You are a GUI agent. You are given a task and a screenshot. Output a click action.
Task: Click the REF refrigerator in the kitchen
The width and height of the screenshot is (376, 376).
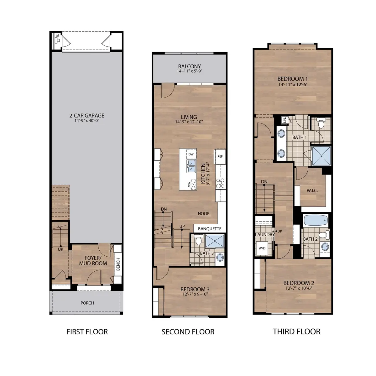click(220, 156)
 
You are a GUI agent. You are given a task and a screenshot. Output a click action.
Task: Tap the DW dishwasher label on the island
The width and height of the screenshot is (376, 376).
click(191, 154)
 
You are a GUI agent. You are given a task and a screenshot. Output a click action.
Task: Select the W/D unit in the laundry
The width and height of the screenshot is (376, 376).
click(262, 248)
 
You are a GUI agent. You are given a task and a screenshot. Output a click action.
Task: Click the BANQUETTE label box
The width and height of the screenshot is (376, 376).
click(210, 229)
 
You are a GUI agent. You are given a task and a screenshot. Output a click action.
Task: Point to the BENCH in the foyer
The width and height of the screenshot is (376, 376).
click(118, 264)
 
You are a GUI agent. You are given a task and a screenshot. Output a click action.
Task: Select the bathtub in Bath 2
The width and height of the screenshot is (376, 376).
click(316, 221)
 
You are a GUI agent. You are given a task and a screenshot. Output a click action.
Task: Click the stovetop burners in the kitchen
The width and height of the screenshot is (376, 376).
click(220, 183)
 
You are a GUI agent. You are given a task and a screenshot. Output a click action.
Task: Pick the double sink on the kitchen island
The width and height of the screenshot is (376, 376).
click(191, 166)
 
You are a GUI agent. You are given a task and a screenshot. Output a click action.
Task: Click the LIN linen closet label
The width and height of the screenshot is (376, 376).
click(285, 120)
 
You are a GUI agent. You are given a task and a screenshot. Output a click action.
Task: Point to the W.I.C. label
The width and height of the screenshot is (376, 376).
click(312, 190)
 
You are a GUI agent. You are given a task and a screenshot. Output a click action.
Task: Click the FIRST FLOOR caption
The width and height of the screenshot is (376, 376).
click(87, 332)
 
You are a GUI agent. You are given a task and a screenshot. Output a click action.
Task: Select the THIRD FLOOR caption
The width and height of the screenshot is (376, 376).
click(296, 332)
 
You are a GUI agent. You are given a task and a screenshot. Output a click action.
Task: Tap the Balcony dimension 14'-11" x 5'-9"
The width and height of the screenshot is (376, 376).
click(189, 71)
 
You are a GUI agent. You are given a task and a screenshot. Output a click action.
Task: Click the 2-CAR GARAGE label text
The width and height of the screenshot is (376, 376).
click(87, 116)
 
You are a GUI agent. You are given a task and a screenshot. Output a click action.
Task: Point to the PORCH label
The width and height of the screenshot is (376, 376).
click(87, 303)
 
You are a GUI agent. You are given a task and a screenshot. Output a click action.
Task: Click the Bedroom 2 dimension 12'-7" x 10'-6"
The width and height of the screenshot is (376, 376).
click(299, 288)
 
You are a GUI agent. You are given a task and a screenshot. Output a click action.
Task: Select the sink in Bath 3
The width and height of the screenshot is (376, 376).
click(220, 258)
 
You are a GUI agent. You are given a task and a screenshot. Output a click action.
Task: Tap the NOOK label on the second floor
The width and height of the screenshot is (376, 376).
click(204, 213)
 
